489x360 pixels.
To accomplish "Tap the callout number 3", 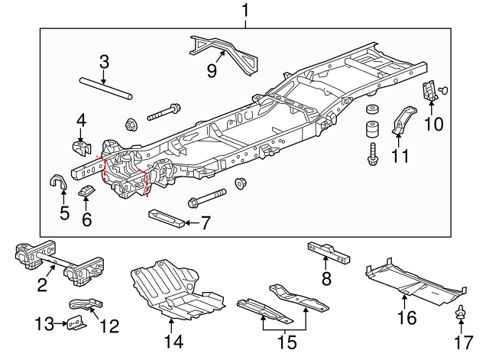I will click(105, 61).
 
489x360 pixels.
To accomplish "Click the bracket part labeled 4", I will click(80, 144).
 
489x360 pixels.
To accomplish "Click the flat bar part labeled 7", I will click(167, 218).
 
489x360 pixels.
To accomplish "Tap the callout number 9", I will click(212, 70).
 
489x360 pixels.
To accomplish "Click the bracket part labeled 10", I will click(430, 92).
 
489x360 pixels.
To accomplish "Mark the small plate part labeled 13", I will click(76, 323).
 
